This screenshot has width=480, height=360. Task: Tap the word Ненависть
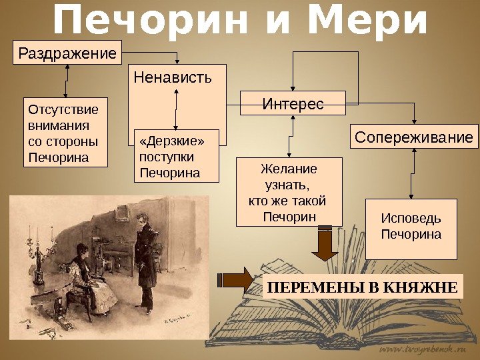pyautogui.click(x=172, y=77)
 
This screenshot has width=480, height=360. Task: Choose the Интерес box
pyautogui.click(x=293, y=104)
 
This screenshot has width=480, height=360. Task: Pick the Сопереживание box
pyautogui.click(x=414, y=137)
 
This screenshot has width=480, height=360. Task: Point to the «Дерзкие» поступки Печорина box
pyautogui.click(x=176, y=156)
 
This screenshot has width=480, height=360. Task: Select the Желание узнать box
pyautogui.click(x=289, y=192)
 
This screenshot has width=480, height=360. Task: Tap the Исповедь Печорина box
pyautogui.click(x=411, y=228)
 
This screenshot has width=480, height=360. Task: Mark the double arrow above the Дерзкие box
pyautogui.click(x=175, y=109)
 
